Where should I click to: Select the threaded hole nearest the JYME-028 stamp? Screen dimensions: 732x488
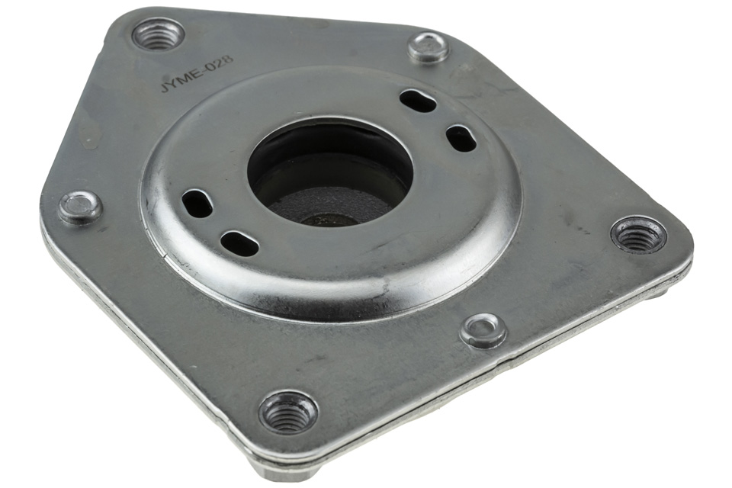click(x=158, y=36)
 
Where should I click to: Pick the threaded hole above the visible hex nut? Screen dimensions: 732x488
click(x=288, y=413)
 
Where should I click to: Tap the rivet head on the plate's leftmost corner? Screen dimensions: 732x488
click(x=80, y=206)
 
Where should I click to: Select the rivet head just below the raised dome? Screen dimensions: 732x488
click(x=483, y=329)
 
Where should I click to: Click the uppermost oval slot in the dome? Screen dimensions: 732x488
click(x=419, y=98)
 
